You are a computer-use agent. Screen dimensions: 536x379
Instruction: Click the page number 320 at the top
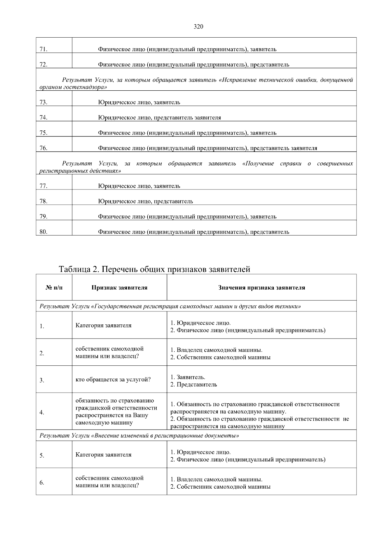tap(198, 27)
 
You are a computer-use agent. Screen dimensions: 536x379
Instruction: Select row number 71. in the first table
tap(44, 49)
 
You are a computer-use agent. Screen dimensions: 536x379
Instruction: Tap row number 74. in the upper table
tap(44, 117)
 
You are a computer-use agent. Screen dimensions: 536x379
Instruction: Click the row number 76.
tap(44, 148)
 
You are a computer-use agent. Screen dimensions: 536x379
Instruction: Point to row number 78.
tap(44, 201)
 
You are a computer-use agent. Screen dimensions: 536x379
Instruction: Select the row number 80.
tap(44, 232)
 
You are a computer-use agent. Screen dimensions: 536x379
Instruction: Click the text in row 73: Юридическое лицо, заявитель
tap(139, 102)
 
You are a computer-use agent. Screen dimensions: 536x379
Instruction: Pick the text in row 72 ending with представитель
tap(193, 65)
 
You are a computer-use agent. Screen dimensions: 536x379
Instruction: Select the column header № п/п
tap(54, 288)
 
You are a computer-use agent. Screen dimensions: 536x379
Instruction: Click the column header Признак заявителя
tap(119, 288)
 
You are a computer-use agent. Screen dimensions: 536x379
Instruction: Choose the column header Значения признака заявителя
tap(262, 288)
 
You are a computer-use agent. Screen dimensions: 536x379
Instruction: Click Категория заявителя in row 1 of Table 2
tap(104, 325)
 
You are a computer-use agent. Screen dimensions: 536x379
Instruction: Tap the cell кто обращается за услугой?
tap(113, 380)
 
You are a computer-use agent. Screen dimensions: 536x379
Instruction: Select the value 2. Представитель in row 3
tap(194, 385)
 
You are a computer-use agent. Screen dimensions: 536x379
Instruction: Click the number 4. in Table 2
tap(42, 413)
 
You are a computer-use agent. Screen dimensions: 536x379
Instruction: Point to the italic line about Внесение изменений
tap(139, 436)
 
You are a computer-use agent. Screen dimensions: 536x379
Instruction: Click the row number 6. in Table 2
tap(42, 483)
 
